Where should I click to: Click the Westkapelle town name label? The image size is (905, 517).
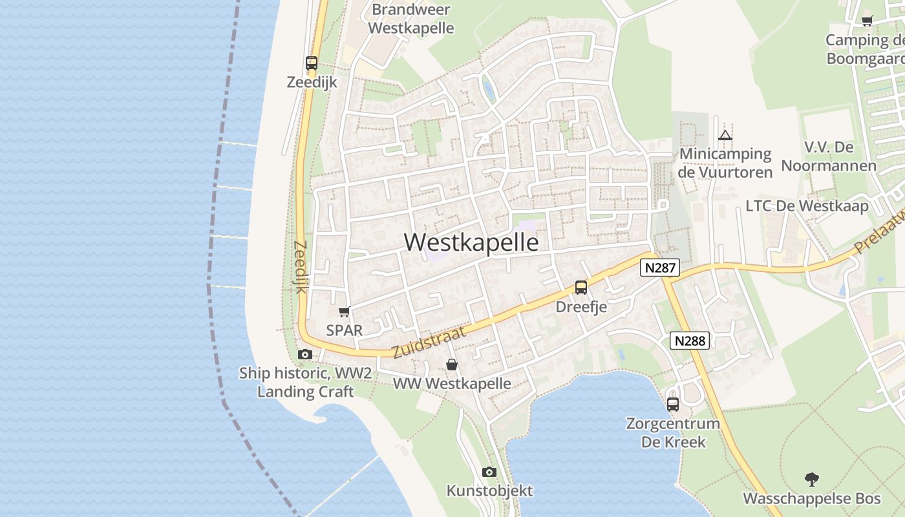click(471, 242)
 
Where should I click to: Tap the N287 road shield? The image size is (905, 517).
click(660, 268)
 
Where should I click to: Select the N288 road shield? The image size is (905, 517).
click(690, 341)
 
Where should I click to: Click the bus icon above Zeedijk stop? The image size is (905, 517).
click(312, 63)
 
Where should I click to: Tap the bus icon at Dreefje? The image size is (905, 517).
click(581, 288)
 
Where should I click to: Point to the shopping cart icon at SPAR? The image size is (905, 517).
click(345, 311)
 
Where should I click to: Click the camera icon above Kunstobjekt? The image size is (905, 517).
click(489, 472)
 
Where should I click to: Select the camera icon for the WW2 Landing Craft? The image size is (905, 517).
click(304, 354)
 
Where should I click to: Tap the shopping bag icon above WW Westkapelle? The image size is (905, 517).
click(452, 365)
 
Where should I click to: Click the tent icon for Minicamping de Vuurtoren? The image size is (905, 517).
click(725, 135)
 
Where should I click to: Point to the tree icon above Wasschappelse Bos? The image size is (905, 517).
click(812, 479)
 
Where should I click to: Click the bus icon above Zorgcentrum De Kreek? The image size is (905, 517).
click(673, 405)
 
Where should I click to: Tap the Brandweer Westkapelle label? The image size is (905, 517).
click(412, 19)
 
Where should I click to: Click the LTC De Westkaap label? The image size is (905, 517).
click(807, 206)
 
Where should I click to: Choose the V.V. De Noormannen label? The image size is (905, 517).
click(829, 156)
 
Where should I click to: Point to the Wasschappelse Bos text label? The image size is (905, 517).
click(812, 499)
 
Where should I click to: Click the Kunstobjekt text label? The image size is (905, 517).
click(489, 491)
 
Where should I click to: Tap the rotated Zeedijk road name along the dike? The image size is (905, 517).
click(299, 267)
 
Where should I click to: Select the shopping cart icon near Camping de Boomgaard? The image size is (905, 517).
click(868, 21)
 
